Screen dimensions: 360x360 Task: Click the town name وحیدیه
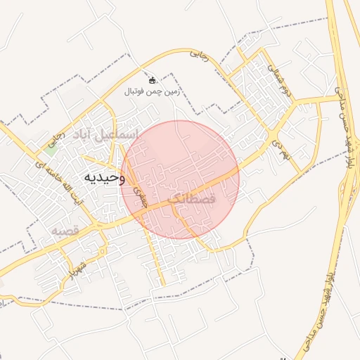click(103, 176)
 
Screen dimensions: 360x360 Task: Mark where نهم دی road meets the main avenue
click(273, 134)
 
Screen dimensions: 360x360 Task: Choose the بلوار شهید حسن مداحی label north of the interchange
click(342, 123)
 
